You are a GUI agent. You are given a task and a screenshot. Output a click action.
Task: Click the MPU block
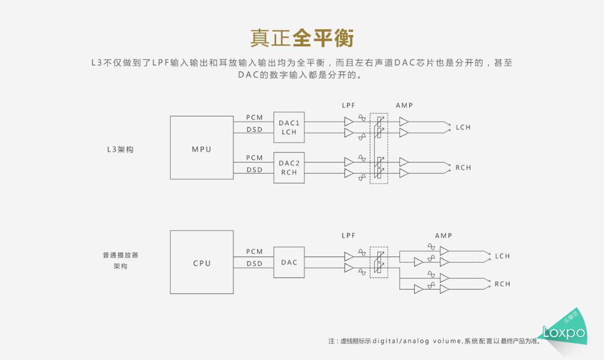pos(202,149)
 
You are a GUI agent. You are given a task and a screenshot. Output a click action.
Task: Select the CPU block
pos(202,263)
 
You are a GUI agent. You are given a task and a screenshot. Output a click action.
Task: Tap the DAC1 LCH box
pos(288,128)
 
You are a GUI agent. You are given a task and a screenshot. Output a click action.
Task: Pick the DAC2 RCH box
pos(288,168)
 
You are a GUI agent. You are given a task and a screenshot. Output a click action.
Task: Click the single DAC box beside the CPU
pos(288,263)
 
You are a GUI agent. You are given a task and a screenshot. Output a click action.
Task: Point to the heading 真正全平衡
pos(301,38)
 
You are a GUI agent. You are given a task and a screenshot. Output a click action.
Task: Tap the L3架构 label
pos(120,149)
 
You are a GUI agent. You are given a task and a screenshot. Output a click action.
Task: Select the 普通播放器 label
pos(120,255)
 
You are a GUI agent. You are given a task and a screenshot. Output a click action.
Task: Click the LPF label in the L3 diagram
pos(349,105)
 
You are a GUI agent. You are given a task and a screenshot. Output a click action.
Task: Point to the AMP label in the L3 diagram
pos(404,105)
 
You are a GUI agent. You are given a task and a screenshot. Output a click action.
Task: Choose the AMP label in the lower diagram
pos(443,235)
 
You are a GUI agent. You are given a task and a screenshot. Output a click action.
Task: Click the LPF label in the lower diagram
pos(349,235)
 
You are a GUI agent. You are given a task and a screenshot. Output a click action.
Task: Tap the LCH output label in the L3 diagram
pos(463,128)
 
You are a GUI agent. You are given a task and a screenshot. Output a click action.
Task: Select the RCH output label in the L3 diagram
pos(463,168)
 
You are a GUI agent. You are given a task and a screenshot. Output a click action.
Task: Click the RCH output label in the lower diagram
pos(502,284)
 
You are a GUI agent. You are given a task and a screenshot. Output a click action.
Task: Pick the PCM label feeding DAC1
pos(254,117)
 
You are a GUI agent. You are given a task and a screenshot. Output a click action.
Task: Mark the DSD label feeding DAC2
pos(254,170)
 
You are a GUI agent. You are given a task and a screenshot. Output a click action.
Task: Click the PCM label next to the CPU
pos(254,252)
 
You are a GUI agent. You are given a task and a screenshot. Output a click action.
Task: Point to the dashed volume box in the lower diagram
pos(379,262)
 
